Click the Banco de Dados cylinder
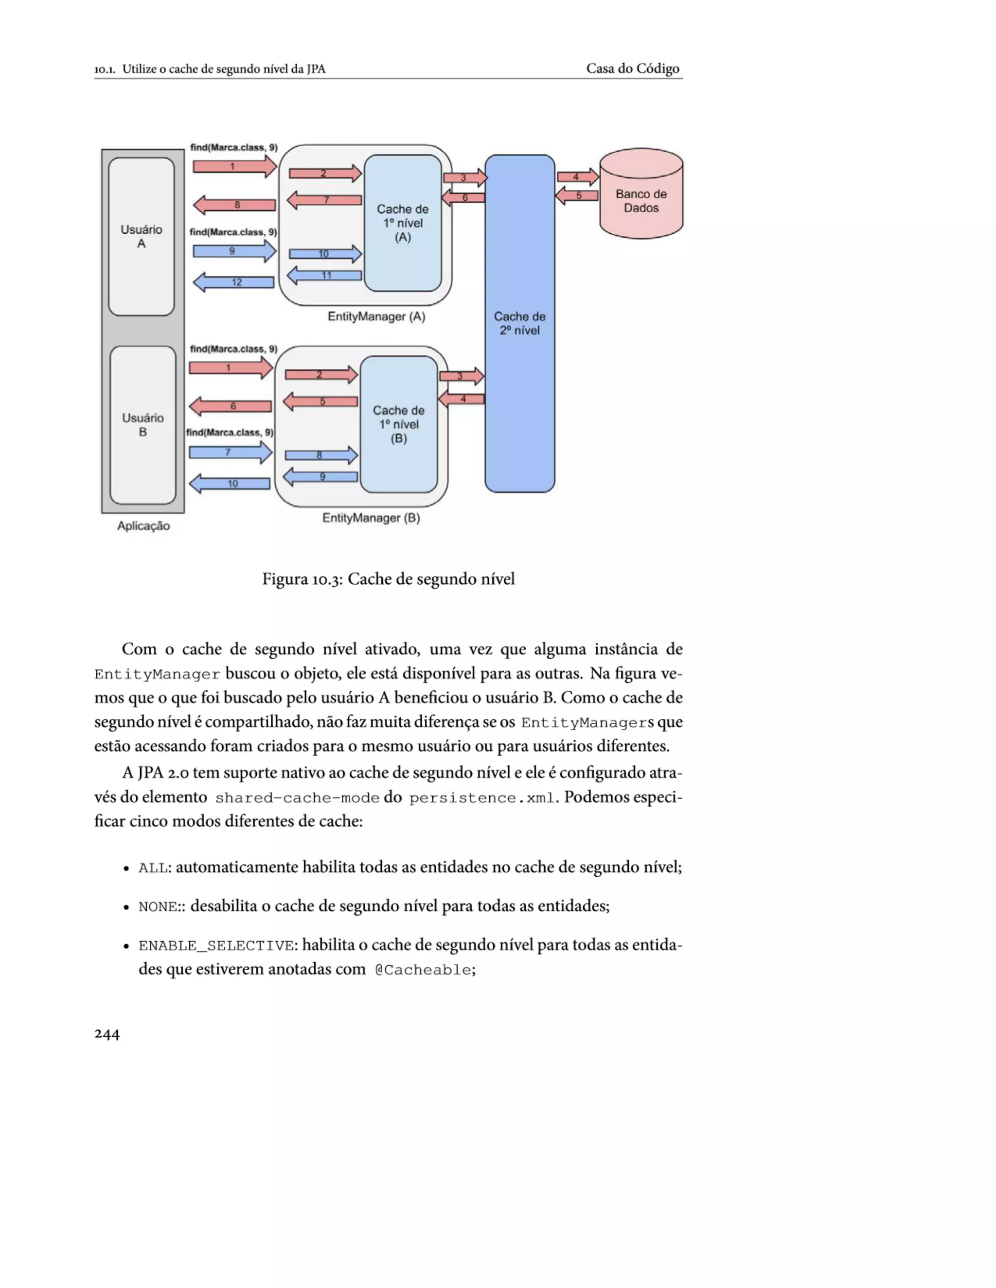coord(641,194)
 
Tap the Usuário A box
coord(141,236)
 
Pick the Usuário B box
coord(143,425)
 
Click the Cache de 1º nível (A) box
coord(402,223)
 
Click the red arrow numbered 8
coord(235,205)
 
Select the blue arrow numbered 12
coord(234,282)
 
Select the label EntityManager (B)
coord(371,518)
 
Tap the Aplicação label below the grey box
coord(143,526)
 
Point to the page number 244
coord(107,1034)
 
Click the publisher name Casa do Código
coord(633,69)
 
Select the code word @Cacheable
coord(423,970)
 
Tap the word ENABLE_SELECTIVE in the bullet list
coord(216,946)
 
